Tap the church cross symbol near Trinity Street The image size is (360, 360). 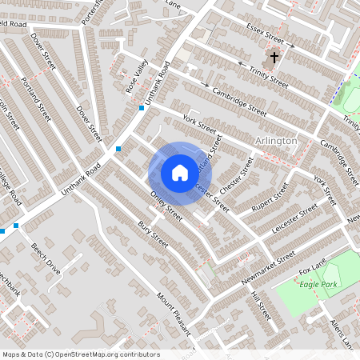[x=274, y=58]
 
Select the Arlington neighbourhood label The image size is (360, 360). [x=275, y=141]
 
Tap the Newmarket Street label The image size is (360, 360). [x=265, y=268]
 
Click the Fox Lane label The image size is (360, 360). [x=313, y=266]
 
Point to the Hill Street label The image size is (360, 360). [x=261, y=306]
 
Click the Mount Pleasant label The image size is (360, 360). [x=174, y=313]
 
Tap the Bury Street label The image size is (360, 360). [x=153, y=233]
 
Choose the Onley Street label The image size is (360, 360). [x=166, y=207]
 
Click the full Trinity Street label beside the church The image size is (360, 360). [x=268, y=78]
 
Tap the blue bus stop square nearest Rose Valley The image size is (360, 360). [x=141, y=107]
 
